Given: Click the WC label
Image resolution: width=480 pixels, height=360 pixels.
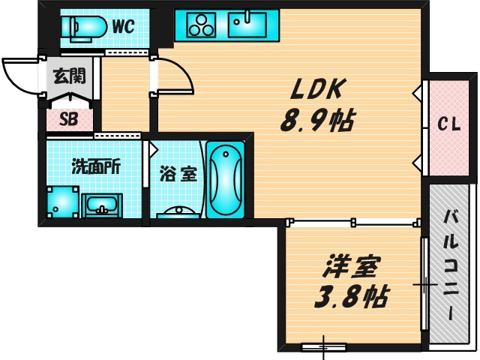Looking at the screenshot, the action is pos(123,26).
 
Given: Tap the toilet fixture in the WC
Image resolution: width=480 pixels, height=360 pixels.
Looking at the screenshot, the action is pos(84,28).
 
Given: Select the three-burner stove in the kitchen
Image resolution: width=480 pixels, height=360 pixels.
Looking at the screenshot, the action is pos(201,25).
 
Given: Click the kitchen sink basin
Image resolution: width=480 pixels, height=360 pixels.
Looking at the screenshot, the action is pos(247,24).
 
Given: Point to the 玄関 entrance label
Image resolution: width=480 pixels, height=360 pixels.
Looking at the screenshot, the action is pos(69,76).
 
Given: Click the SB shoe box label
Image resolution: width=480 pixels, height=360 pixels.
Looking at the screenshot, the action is pos(69,119).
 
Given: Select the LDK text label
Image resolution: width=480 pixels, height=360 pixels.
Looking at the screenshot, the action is pos(317,88).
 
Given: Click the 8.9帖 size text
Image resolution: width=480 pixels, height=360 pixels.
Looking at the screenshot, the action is pos(317,120).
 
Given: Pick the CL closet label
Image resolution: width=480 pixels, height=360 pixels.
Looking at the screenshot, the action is pos(448,124).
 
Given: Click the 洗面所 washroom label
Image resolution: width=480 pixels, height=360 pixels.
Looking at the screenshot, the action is pos(96,166).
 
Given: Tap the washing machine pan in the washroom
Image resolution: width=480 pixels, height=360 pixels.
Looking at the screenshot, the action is pos(63,202).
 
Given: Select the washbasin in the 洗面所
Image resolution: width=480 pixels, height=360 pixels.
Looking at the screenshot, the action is pos(102,205).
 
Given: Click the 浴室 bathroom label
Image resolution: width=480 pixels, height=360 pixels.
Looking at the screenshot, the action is pos(178,175).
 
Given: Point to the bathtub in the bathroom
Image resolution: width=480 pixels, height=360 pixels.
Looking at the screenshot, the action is pos(226,179).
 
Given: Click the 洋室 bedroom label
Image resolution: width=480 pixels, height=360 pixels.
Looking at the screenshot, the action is pos(352,267).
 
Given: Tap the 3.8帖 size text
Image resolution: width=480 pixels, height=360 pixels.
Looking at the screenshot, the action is pos(352,297).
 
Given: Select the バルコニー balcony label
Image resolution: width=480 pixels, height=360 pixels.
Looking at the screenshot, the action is pos(451,265).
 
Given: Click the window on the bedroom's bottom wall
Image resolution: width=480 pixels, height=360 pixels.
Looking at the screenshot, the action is pos(324,346).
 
